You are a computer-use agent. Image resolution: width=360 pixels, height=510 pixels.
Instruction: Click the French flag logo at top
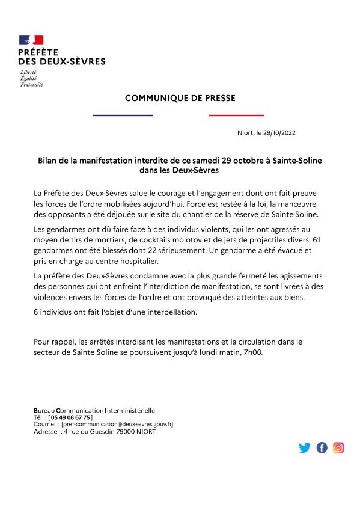coord(31,40)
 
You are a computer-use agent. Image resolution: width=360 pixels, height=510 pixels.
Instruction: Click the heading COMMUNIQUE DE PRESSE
coord(180,98)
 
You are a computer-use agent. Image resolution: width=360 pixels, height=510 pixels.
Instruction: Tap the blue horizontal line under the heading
coord(123,115)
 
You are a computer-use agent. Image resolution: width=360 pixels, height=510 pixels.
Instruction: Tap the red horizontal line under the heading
coord(236,115)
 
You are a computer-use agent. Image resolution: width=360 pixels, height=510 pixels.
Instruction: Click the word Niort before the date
coord(246,133)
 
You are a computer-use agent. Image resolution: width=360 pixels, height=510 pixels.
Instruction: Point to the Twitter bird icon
coord(305,447)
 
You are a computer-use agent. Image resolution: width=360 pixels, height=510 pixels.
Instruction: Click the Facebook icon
coord(322,447)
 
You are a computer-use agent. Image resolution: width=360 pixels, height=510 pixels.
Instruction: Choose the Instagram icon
coord(339,447)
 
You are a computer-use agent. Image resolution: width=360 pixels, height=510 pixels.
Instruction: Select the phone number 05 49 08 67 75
coord(72,417)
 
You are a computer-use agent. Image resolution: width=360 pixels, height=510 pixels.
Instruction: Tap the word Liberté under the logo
coord(28,72)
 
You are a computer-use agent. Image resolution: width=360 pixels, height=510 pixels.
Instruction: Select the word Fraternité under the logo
coord(31,84)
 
